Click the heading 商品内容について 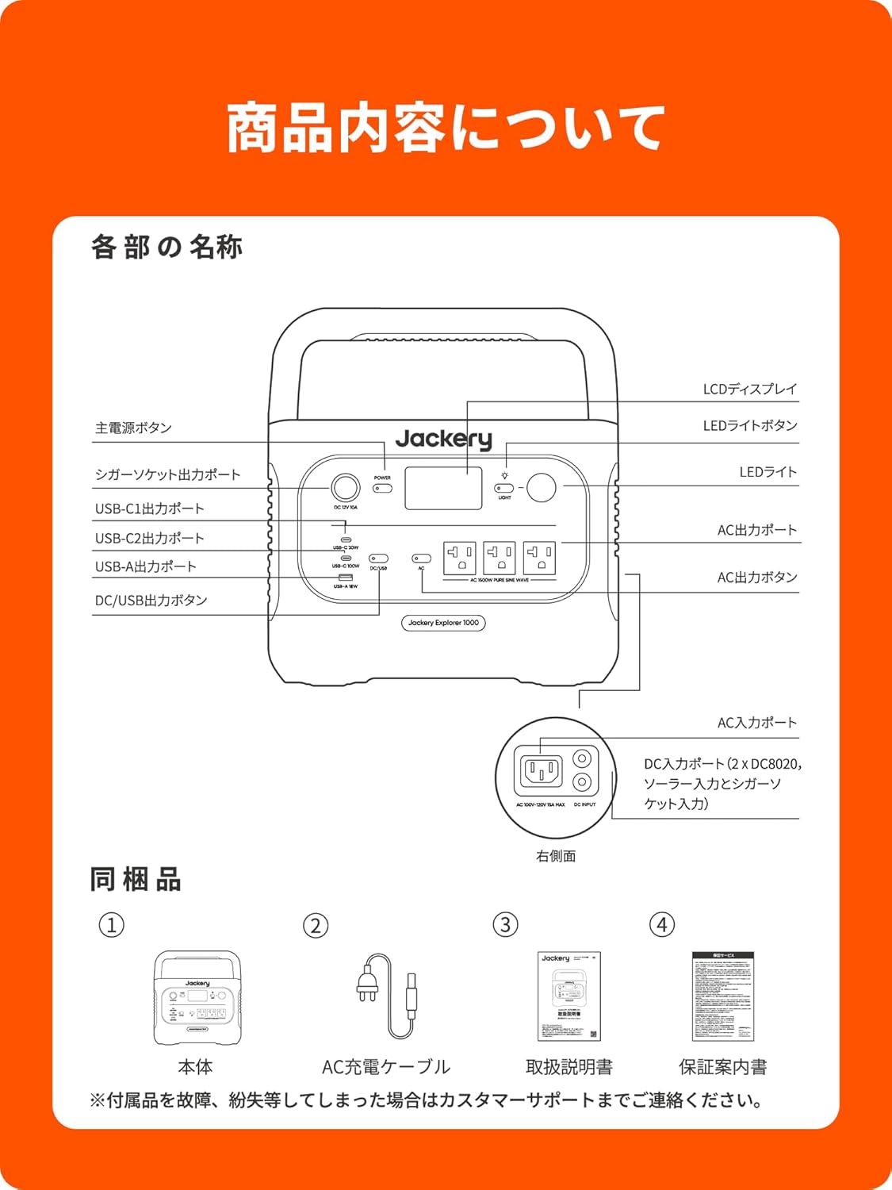pyautogui.click(x=445, y=129)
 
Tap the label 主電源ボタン pyautogui.click(x=133, y=428)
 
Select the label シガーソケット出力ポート pyautogui.click(x=167, y=474)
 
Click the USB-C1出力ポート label pyautogui.click(x=150, y=509)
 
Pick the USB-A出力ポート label pyautogui.click(x=146, y=566)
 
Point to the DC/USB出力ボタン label pyautogui.click(x=151, y=601)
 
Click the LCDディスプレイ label pyautogui.click(x=749, y=389)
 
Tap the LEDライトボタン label pyautogui.click(x=749, y=426)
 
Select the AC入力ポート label pyautogui.click(x=756, y=723)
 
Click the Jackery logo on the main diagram pyautogui.click(x=443, y=439)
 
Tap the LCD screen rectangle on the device pyautogui.click(x=443, y=488)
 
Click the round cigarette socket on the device pyautogui.click(x=345, y=487)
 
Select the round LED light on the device pyautogui.click(x=542, y=487)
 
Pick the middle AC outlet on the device pyautogui.click(x=500, y=558)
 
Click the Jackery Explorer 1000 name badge pyautogui.click(x=443, y=623)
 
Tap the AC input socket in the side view pyautogui.click(x=541, y=770)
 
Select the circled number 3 pyautogui.click(x=505, y=925)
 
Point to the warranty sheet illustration pyautogui.click(x=722, y=996)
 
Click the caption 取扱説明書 pyautogui.click(x=569, y=1067)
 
